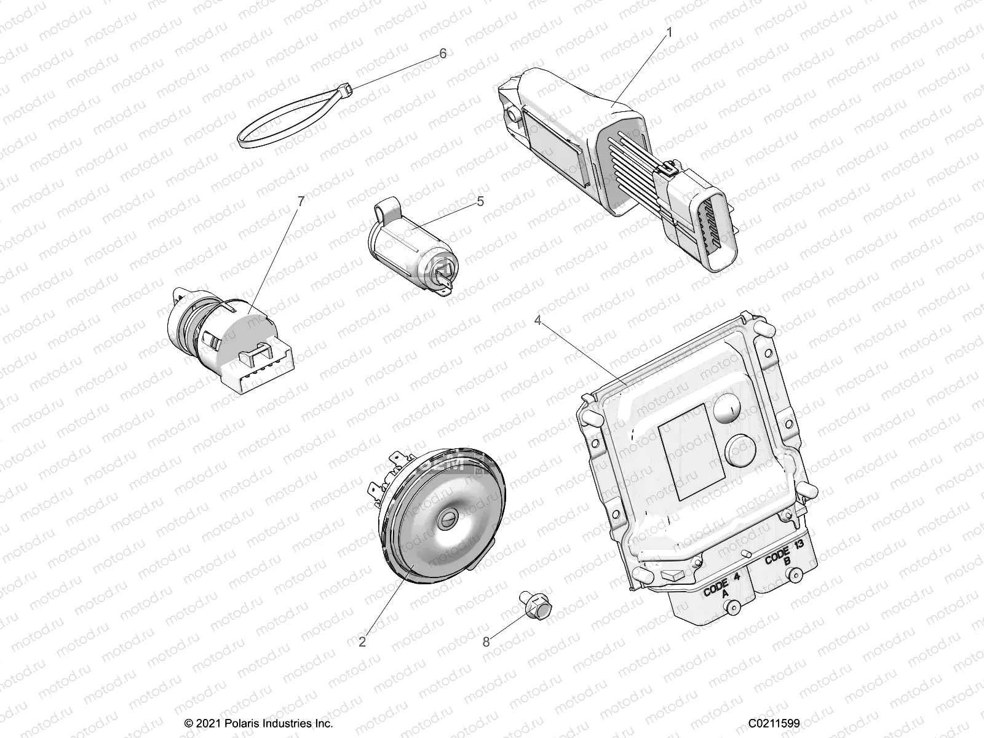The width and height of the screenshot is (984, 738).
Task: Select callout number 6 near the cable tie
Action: pyautogui.click(x=443, y=54)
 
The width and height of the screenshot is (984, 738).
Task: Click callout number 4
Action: pyautogui.click(x=538, y=320)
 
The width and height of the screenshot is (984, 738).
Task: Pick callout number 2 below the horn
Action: pyautogui.click(x=362, y=642)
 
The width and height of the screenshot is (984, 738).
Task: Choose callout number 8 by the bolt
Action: pyautogui.click(x=486, y=642)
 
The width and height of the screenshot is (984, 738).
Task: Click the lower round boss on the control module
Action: pyautogui.click(x=741, y=451)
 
